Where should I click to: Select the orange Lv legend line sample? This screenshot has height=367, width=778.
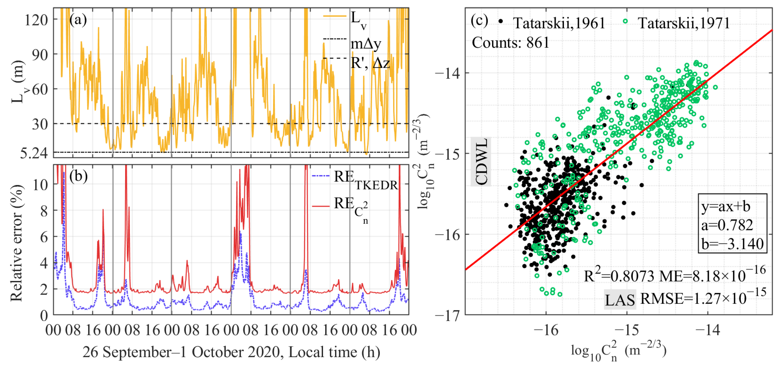[x=334, y=16]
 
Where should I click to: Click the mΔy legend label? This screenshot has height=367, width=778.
[x=366, y=44]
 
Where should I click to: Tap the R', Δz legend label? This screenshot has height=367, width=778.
[x=370, y=63]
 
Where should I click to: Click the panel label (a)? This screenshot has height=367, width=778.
[x=78, y=20]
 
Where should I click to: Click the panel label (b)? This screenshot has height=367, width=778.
[x=78, y=176]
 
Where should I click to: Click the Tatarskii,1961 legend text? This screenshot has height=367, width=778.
[x=559, y=23]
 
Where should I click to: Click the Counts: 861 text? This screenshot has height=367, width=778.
[x=510, y=43]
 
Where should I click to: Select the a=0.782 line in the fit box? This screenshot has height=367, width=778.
[x=727, y=225]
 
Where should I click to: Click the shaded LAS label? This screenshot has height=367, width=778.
[x=620, y=300]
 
